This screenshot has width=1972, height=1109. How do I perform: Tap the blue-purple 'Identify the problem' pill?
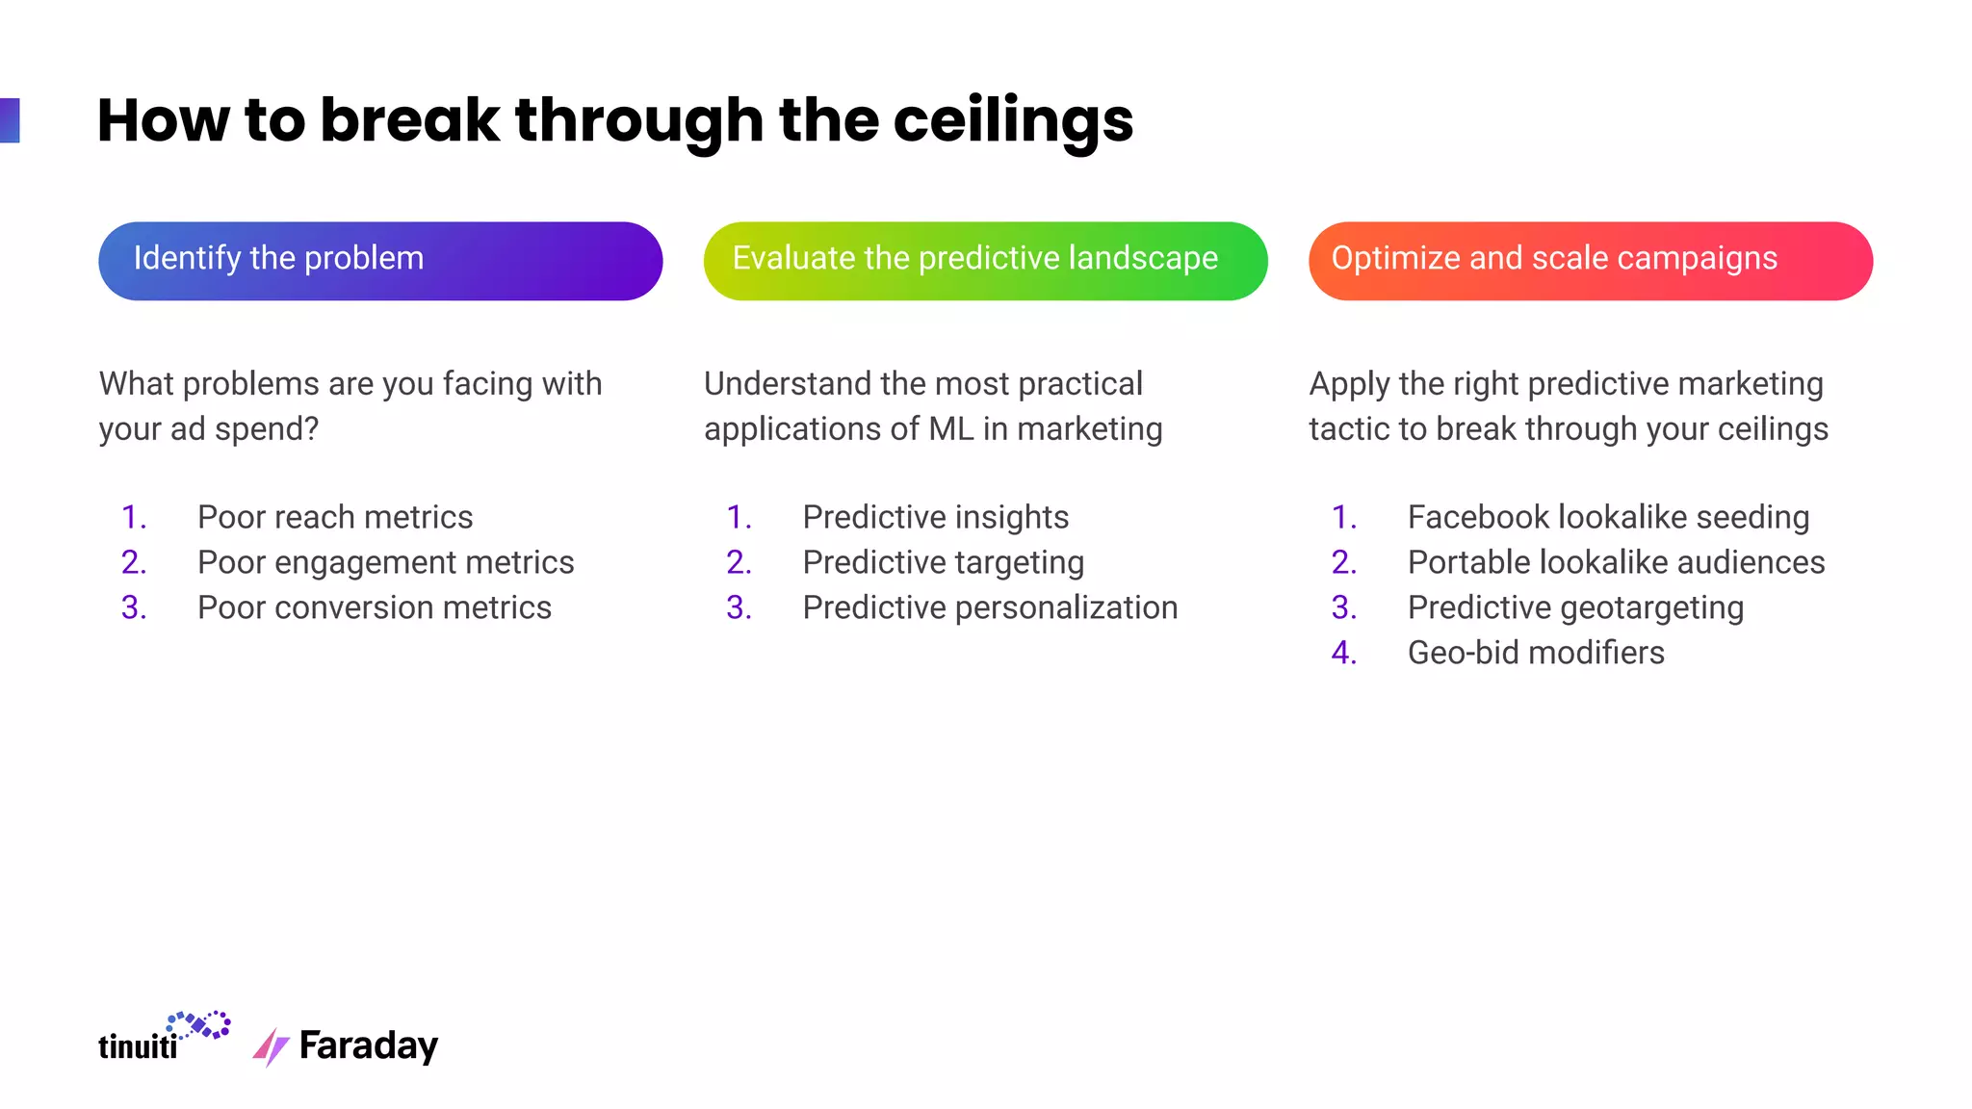tap(380, 261)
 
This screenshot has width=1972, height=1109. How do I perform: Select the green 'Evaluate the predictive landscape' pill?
tap(985, 261)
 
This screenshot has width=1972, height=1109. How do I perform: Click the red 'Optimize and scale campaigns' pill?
tap(1590, 261)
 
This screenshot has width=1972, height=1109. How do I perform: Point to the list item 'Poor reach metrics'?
tap(335, 517)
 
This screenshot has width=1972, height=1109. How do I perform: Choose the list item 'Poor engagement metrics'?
tap(385, 562)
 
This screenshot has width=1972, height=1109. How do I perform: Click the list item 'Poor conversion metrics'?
tap(375, 607)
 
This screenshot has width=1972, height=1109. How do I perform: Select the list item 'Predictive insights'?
tap(935, 517)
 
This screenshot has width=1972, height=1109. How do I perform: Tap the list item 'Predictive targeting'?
tap(943, 562)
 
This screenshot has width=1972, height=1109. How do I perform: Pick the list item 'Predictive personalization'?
tap(990, 607)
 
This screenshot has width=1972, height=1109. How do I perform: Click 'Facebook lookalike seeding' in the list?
tap(1608, 517)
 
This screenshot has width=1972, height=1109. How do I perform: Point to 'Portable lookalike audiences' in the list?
tap(1616, 562)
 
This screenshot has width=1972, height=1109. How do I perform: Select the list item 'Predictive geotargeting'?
tap(1575, 607)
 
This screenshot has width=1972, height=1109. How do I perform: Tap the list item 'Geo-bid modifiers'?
tap(1536, 653)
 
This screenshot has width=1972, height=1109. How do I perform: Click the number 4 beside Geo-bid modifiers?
tap(1343, 653)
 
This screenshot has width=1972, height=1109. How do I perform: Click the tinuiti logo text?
tap(138, 1045)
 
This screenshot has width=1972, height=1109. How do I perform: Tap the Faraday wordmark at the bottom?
tap(369, 1045)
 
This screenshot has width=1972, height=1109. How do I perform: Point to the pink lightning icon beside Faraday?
tap(271, 1047)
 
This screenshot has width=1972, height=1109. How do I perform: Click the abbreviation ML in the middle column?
tap(951, 428)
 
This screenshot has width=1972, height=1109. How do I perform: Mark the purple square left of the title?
tap(10, 120)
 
